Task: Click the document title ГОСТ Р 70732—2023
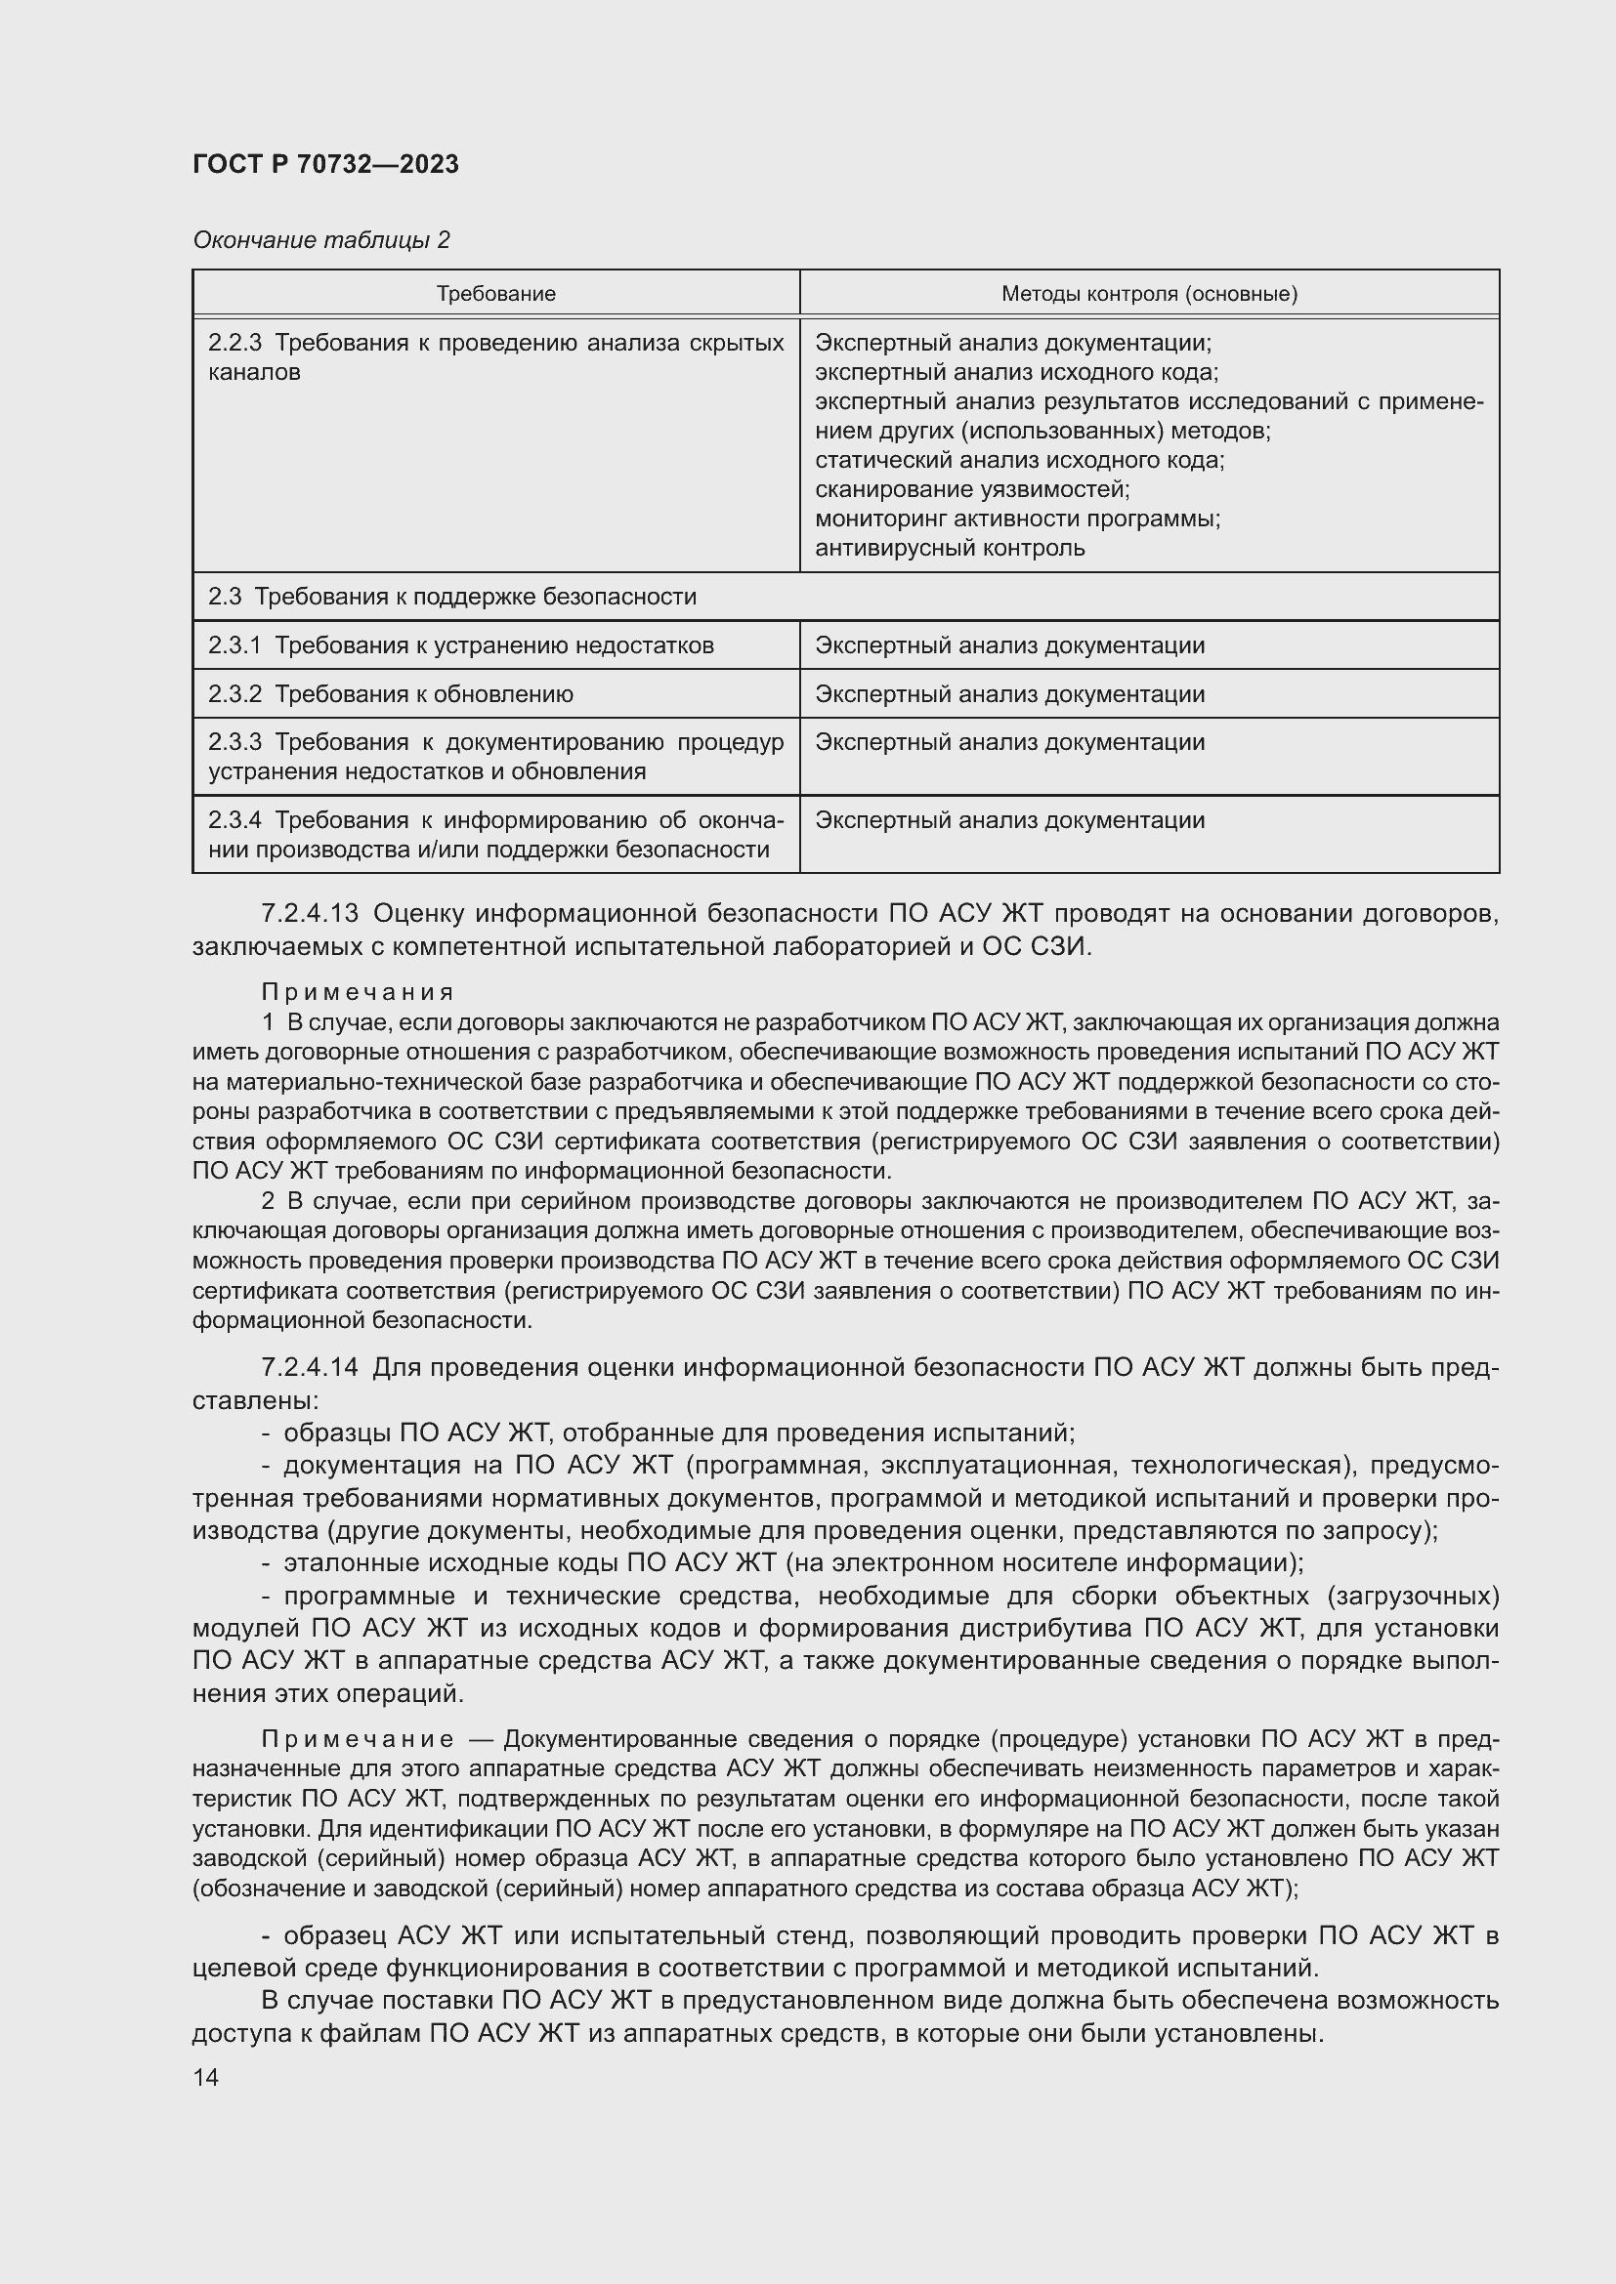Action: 325,164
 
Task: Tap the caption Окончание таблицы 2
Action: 320,240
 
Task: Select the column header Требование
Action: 495,294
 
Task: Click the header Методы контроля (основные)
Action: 1148,294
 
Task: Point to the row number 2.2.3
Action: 234,343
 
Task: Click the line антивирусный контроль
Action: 950,548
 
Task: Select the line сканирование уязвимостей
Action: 971,489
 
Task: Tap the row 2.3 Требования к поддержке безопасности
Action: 451,597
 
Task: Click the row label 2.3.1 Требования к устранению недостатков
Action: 461,645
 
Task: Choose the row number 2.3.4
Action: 234,820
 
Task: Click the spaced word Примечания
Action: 358,992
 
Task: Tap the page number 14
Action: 206,2077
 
